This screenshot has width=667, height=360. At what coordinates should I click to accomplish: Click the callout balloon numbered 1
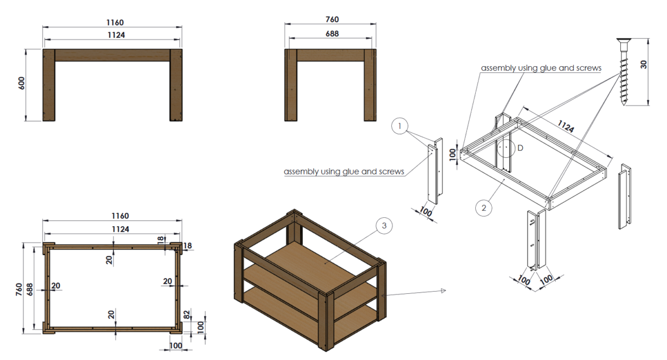tap(400, 127)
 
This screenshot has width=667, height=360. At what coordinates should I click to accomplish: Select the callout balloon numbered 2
tap(484, 208)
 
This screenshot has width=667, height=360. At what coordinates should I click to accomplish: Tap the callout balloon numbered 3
tap(384, 226)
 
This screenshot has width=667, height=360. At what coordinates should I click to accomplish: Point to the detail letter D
tap(520, 148)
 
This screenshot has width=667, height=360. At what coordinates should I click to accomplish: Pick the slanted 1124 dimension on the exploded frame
tap(566, 127)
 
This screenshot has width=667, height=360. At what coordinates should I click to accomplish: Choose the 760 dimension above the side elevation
tap(331, 20)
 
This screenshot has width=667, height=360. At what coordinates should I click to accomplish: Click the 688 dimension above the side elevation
tap(331, 34)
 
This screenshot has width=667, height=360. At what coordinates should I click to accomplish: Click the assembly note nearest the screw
tap(541, 68)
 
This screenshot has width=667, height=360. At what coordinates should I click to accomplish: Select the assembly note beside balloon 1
tap(344, 171)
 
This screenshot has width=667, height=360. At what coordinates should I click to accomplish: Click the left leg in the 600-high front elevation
tap(49, 84)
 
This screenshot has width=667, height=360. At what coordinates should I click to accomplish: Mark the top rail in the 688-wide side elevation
tap(331, 55)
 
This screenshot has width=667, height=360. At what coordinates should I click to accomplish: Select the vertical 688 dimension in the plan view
tap(37, 289)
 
